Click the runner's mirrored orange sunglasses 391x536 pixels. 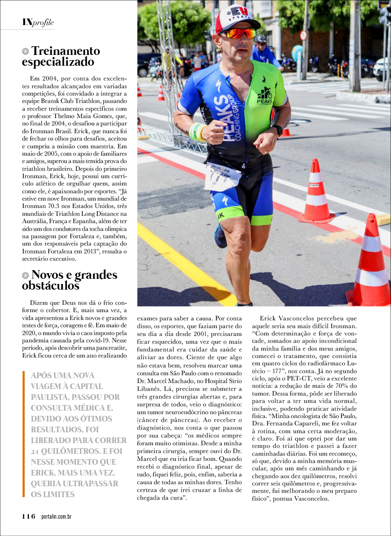tap(238, 33)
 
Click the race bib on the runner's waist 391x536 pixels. tap(222, 176)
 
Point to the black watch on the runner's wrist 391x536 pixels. tap(277, 129)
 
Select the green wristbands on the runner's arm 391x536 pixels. tap(197, 132)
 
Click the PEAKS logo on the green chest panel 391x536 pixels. tap(265, 96)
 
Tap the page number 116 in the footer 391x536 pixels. tap(29, 516)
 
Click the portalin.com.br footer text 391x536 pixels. tap(57, 517)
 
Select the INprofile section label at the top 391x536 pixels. tap(38, 22)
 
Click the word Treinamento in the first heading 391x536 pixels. tap(66, 51)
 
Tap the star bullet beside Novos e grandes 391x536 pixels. tap(25, 275)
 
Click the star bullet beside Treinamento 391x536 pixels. tap(25, 51)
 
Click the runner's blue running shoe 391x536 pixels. tap(220, 236)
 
